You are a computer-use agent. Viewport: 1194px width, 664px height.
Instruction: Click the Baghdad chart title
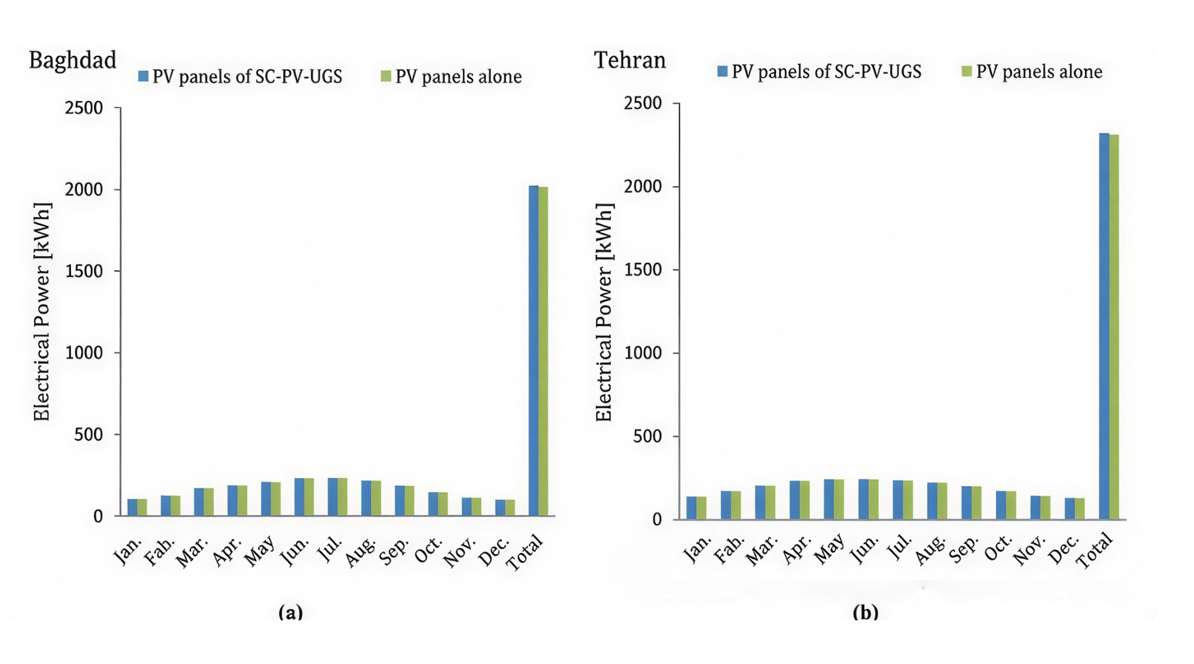(72, 60)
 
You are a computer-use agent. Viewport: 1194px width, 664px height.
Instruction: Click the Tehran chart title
(630, 60)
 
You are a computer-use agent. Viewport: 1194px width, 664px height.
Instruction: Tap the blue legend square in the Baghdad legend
(143, 76)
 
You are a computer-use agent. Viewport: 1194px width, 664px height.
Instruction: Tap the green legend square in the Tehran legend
(966, 71)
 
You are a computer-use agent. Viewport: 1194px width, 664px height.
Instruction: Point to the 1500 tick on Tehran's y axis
(643, 270)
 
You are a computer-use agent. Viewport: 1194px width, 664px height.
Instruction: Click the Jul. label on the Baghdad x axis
(331, 549)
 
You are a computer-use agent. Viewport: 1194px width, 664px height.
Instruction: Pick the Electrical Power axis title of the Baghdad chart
(42, 311)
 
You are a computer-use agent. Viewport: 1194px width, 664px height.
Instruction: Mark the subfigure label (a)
(291, 612)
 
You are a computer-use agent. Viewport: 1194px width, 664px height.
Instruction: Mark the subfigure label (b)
(865, 612)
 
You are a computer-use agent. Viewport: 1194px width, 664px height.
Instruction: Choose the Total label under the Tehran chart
(1094, 552)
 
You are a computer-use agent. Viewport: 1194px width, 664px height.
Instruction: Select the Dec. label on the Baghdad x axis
(495, 551)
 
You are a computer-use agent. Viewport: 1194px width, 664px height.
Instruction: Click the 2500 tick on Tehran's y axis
(643, 104)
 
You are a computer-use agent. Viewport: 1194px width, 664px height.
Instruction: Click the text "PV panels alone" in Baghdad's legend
(458, 77)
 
